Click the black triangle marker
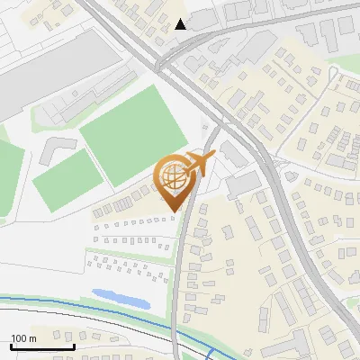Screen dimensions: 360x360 pos(181,23)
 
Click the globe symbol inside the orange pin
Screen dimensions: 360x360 pos(173,178)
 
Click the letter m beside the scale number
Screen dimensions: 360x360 pos(32,338)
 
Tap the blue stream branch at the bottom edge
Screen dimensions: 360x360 pos(209,353)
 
